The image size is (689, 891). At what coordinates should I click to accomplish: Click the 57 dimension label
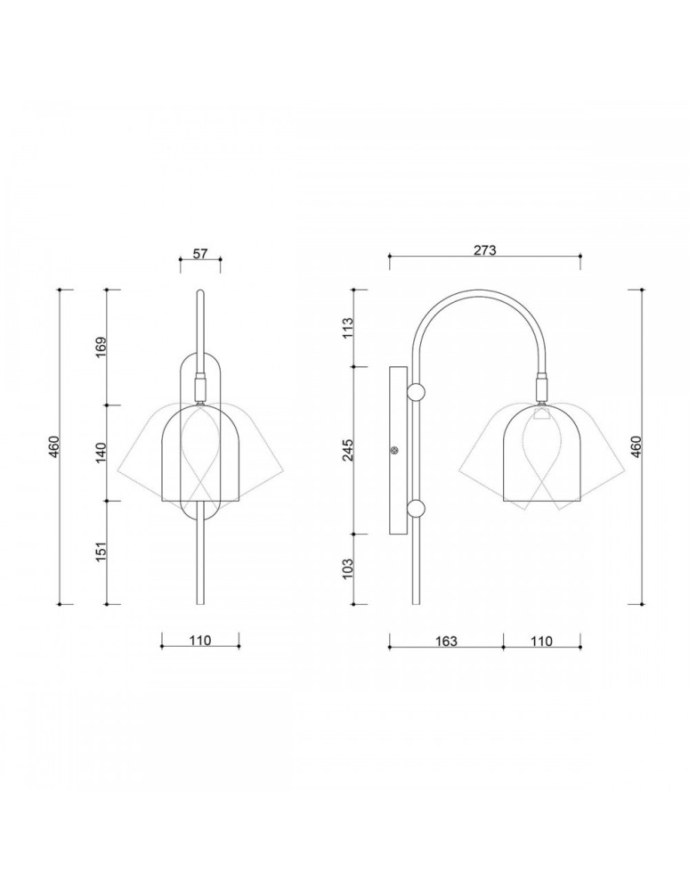[200, 253]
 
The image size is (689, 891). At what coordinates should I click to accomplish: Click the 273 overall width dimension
[484, 250]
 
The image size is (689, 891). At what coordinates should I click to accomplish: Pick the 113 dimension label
[347, 328]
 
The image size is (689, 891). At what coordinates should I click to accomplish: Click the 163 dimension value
[446, 641]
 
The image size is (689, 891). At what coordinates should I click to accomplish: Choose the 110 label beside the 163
[541, 641]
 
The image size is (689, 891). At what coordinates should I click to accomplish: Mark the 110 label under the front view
[199, 641]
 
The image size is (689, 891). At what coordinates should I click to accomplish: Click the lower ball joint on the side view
[416, 510]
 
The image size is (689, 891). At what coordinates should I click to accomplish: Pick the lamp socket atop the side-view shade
[540, 388]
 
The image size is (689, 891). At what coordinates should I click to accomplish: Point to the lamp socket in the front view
[200, 389]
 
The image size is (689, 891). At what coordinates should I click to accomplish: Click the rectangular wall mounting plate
[397, 450]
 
